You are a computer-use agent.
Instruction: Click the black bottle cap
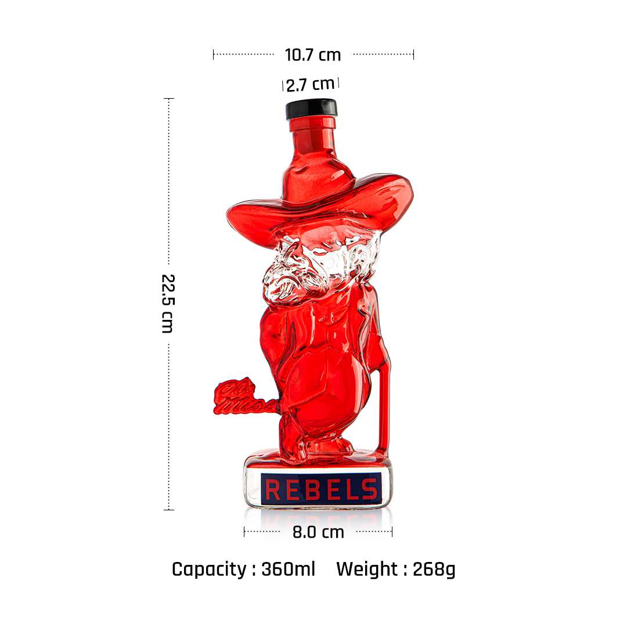click(311, 109)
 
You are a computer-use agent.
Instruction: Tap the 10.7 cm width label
click(313, 55)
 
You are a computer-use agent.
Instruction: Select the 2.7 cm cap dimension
click(310, 84)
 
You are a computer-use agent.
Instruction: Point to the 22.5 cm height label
click(168, 304)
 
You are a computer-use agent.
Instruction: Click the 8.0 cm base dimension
click(318, 532)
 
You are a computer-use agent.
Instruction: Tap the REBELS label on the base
click(321, 489)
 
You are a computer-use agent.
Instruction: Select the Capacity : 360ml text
click(243, 569)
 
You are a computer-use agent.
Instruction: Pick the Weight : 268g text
click(396, 569)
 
